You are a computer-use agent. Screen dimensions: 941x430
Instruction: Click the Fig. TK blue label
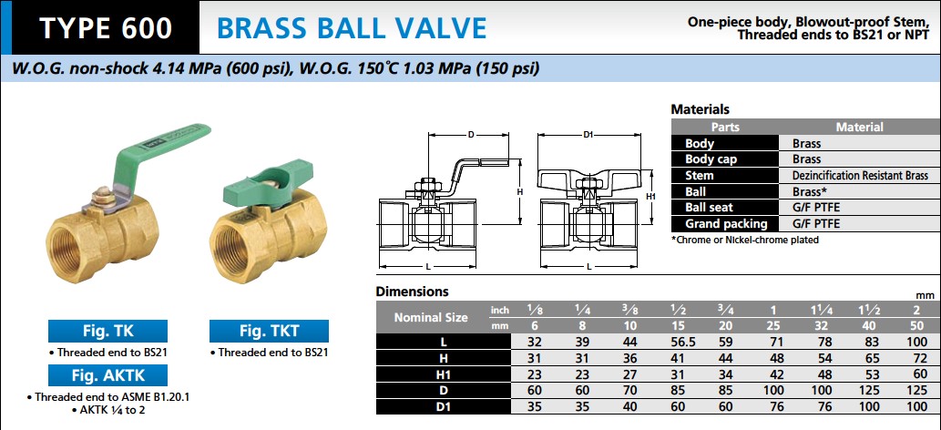pos(108,331)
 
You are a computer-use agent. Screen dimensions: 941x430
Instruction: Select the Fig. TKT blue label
pos(269,331)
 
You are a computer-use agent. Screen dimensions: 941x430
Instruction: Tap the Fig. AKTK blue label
pos(108,375)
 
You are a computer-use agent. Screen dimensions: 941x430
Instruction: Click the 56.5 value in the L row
pos(679,343)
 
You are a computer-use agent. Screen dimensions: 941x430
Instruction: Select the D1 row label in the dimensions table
pos(444,406)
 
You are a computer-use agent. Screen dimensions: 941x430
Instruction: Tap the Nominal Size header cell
pos(431,318)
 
